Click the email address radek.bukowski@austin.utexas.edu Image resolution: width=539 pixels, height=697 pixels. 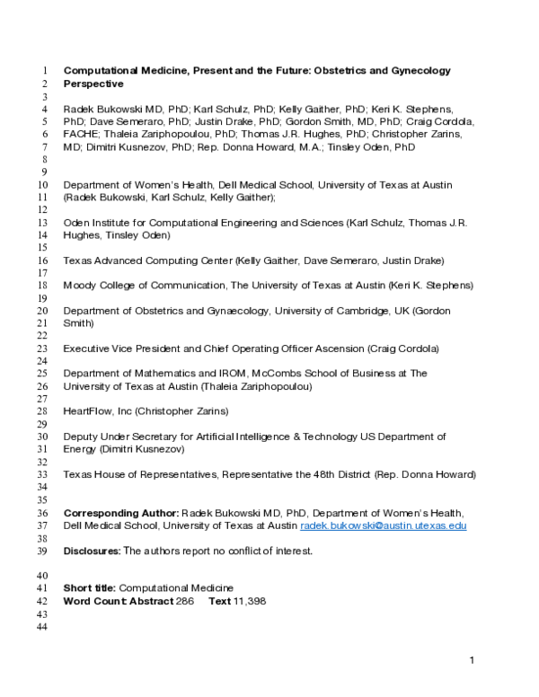pos(384,525)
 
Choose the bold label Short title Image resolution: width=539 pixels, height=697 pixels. pos(90,588)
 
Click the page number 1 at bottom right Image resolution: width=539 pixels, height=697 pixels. pos(471,661)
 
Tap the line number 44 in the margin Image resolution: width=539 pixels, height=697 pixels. pos(42,626)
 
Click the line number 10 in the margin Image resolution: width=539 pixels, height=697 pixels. pos(42,184)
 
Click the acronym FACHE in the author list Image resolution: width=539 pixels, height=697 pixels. pos(80,134)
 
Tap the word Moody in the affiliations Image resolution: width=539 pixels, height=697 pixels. pos(80,285)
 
